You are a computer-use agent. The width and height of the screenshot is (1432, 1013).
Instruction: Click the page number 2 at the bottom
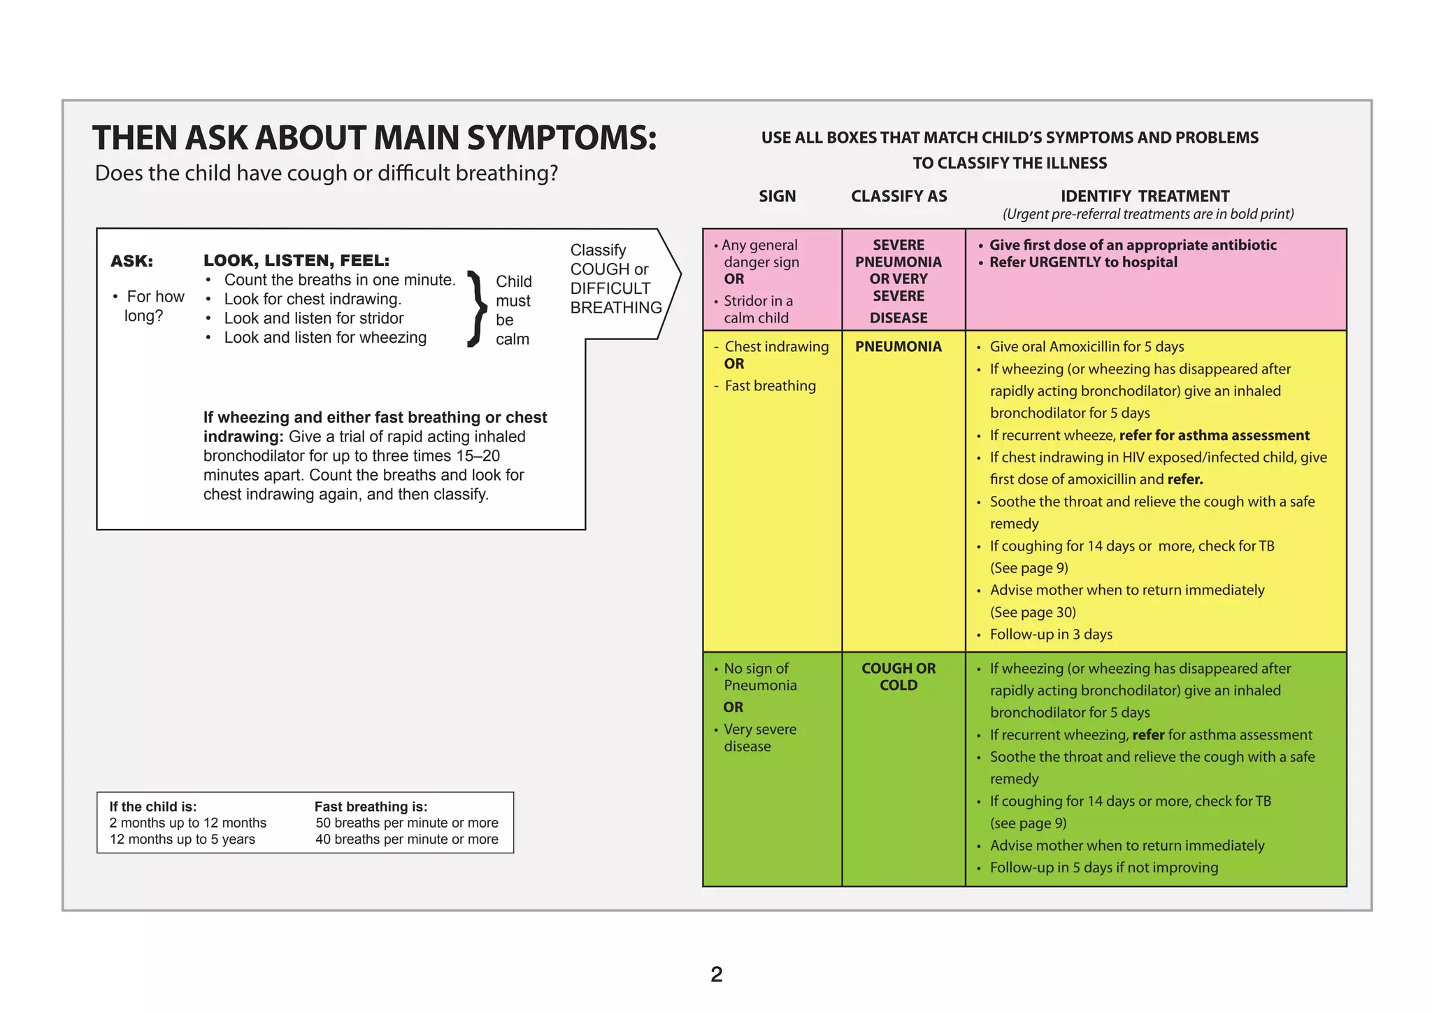[716, 974]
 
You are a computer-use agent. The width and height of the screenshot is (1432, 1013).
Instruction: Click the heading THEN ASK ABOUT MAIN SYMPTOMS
[375, 138]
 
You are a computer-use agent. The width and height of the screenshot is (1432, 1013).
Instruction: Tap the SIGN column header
[777, 197]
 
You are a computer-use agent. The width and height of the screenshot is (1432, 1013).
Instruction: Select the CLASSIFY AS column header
[898, 197]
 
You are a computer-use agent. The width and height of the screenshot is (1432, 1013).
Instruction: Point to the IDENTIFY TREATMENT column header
[1145, 197]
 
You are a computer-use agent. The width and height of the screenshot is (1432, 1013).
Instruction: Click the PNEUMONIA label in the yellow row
[898, 347]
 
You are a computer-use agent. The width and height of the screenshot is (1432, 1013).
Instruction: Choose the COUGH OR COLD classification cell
[898, 676]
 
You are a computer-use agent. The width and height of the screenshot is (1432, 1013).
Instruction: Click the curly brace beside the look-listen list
[476, 309]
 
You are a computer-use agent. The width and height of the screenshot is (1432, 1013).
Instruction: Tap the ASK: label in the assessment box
[131, 261]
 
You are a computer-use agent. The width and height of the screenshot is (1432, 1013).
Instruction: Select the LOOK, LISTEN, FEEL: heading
[296, 260]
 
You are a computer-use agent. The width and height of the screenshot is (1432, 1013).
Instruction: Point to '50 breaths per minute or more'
[406, 823]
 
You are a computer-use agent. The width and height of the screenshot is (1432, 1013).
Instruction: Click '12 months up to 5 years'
[182, 840]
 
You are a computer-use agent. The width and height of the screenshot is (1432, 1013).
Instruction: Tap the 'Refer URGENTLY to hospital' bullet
[1082, 262]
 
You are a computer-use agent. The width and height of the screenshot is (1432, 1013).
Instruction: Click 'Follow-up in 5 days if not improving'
[1103, 867]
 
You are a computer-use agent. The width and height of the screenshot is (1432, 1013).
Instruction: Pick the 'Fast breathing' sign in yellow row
[770, 386]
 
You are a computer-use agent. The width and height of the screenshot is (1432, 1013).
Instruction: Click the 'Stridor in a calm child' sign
[757, 309]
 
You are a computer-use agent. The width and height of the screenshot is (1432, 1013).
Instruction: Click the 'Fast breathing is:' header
[371, 807]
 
